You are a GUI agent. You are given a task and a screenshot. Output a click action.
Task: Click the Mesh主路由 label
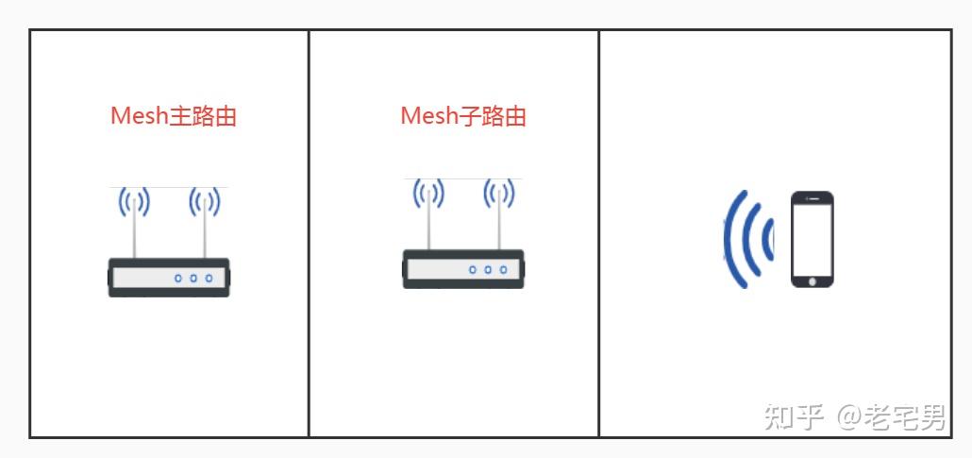[173, 116]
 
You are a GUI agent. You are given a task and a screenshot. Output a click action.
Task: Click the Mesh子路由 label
[462, 116]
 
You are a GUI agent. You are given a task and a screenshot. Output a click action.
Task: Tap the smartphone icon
[812, 240]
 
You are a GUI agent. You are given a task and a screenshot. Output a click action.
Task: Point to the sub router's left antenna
[428, 216]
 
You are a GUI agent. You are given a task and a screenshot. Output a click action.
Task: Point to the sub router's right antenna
[498, 216]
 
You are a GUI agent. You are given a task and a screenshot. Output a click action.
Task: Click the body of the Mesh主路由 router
[142, 278]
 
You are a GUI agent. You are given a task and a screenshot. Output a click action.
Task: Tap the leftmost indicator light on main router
[177, 279]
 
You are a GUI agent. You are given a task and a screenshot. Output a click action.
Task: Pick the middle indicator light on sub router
[488, 270]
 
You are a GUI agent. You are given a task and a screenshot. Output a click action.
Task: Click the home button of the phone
[812, 280]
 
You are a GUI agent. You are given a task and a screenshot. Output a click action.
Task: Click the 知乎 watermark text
[795, 416]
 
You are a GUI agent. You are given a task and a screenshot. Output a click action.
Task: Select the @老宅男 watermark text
[891, 416]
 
